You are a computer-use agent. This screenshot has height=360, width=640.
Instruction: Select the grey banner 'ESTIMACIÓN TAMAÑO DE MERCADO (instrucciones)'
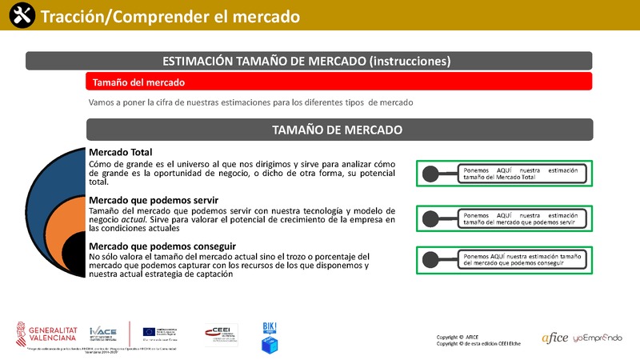pos(308,61)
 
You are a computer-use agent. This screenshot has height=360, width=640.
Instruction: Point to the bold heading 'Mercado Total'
pos(120,152)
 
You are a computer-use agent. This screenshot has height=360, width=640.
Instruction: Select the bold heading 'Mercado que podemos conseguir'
pos(158,246)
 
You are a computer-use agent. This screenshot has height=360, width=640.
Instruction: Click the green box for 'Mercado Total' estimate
pos(505,173)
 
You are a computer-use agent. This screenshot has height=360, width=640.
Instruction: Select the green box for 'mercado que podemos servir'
pos(505,218)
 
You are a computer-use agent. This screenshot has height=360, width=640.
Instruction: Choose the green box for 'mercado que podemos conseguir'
pos(505,258)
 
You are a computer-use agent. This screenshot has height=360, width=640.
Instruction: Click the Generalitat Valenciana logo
pos(50,332)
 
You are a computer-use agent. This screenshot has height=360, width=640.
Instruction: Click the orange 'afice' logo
pos(554,338)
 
